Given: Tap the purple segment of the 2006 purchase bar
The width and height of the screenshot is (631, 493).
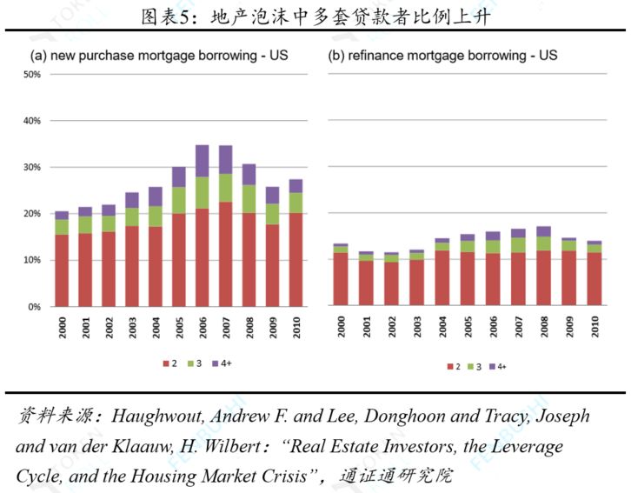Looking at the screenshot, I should click(202, 161).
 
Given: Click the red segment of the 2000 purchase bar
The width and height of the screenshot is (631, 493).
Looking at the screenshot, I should click(62, 270).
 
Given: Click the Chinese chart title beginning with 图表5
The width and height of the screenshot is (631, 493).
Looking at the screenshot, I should click(315, 15).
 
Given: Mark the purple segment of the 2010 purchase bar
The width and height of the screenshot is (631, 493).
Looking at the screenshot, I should click(296, 185).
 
